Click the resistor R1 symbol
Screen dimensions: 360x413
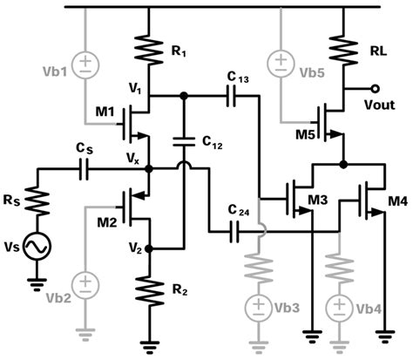pos(149,50)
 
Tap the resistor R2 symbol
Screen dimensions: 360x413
pos(149,290)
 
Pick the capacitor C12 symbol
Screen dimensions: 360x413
pos(184,140)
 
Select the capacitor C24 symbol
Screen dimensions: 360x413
pos(234,232)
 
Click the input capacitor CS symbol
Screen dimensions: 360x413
pos(85,169)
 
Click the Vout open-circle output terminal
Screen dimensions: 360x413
pos(375,88)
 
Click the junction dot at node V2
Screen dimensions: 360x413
pos(149,248)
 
